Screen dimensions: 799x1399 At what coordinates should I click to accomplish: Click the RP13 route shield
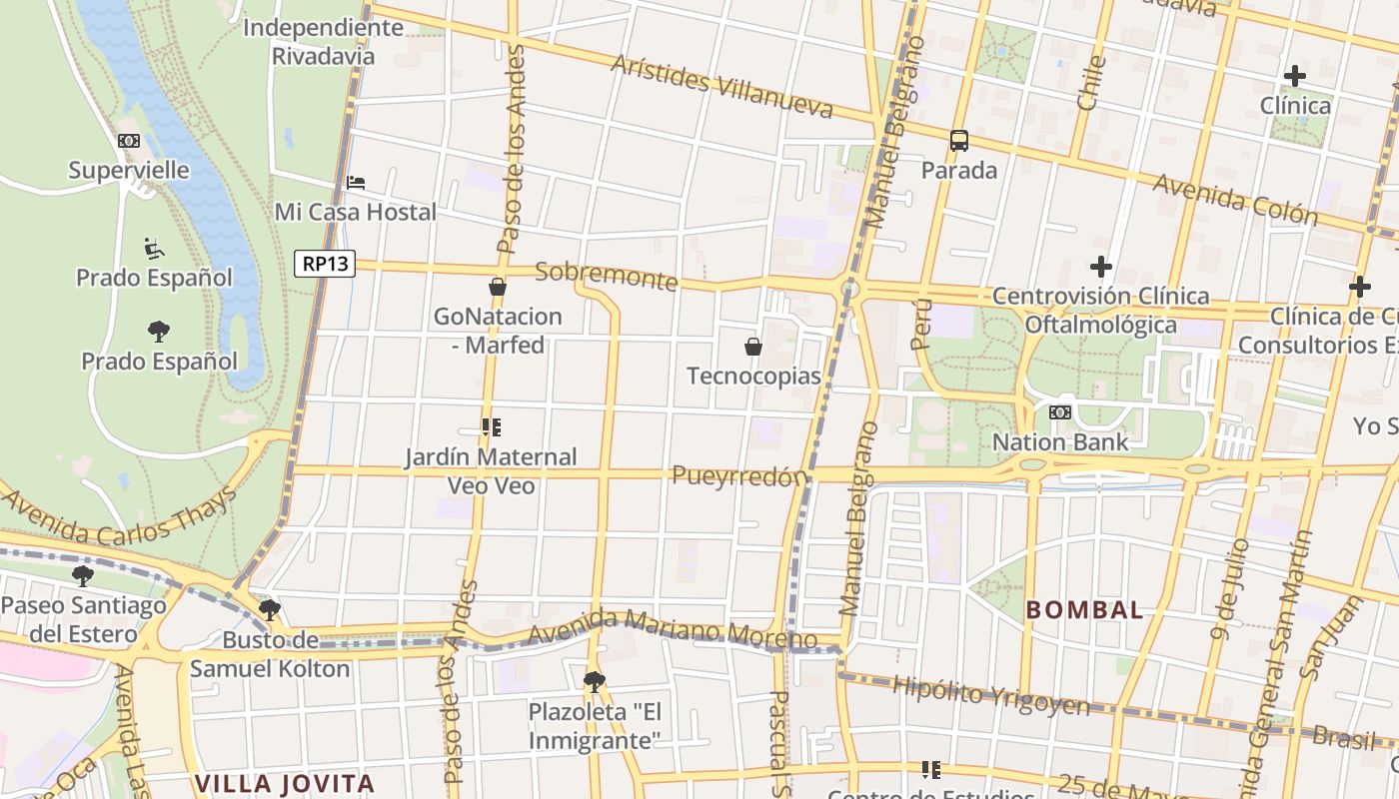pos(326,264)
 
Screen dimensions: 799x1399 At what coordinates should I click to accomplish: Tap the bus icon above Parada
pos(959,141)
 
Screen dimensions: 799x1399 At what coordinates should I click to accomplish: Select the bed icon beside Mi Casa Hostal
pos(356,183)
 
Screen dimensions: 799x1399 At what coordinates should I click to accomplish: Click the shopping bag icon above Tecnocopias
pos(753,347)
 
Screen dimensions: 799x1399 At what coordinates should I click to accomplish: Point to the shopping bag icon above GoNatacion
pos(498,288)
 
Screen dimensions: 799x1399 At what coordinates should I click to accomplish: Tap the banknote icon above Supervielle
pos(129,141)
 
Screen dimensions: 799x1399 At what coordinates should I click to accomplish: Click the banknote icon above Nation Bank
pos(1060,411)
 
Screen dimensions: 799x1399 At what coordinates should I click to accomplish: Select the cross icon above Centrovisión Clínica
pos(1101,267)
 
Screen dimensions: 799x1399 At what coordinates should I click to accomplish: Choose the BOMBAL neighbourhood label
pos(1084,609)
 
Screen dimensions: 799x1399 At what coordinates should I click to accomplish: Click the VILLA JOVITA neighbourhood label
pos(285,784)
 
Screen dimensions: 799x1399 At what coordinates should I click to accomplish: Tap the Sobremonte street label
pos(607,276)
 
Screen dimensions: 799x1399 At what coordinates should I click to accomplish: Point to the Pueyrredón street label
pos(738,476)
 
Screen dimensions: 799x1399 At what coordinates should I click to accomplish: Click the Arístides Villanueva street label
pos(721,86)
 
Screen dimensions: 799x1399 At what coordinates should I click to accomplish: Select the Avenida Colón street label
pos(1235,199)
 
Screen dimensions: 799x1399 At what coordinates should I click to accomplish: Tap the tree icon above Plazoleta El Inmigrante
pos(595,682)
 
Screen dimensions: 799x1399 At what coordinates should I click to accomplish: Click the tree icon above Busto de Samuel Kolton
pos(269,609)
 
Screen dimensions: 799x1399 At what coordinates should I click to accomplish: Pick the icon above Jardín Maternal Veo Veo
pos(491,427)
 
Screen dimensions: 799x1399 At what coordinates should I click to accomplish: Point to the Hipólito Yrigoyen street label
pos(990,696)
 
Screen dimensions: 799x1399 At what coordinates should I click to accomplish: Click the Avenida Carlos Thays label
pos(120,519)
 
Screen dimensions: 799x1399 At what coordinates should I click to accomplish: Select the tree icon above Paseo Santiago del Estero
pos(83,575)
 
